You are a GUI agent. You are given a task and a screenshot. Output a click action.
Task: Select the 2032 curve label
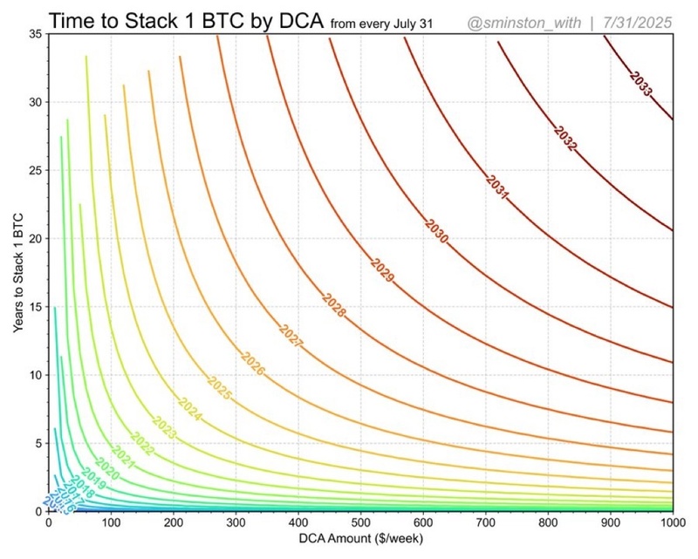[x=565, y=137]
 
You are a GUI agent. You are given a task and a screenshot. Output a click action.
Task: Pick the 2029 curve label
[x=382, y=269]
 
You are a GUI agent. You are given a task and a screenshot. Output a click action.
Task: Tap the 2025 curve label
[x=219, y=387]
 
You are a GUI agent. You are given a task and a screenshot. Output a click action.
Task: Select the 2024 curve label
[x=189, y=409]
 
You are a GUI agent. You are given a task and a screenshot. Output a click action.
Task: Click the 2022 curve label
[x=142, y=444]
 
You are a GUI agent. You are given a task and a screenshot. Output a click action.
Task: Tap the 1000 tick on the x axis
[x=671, y=523]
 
